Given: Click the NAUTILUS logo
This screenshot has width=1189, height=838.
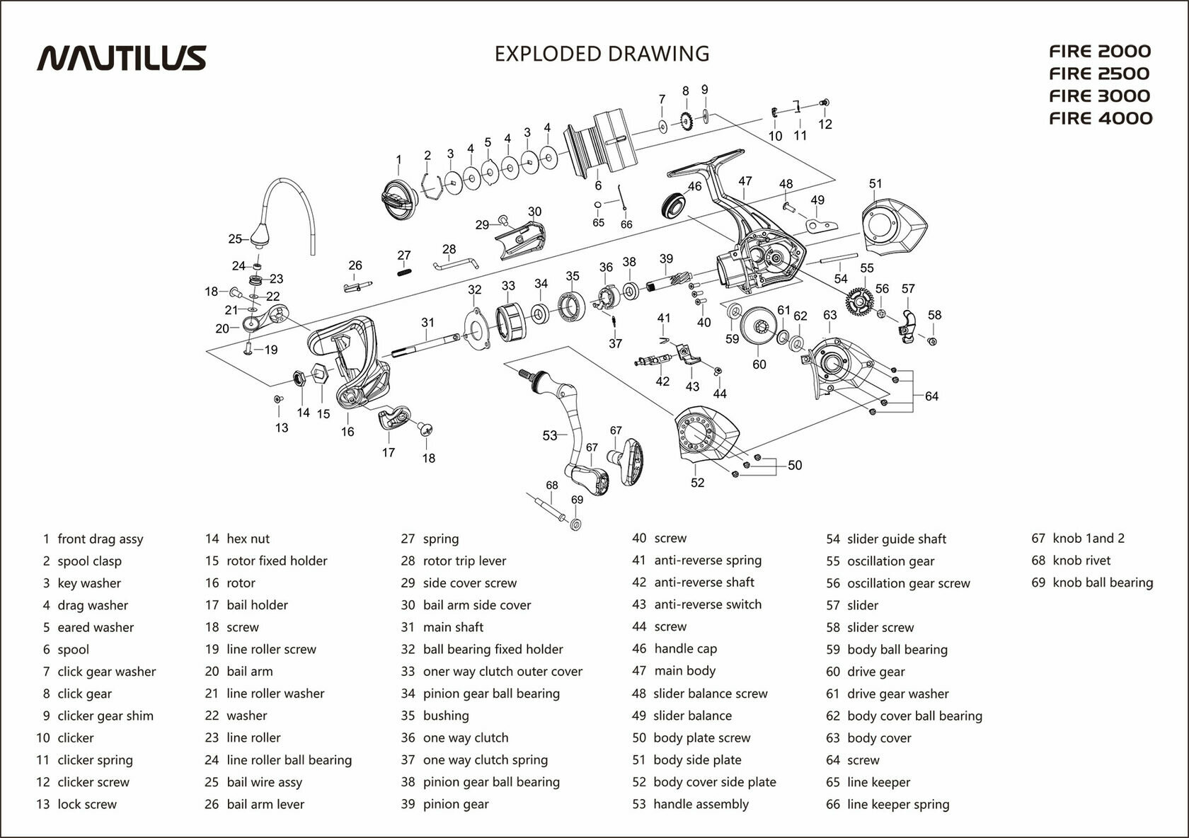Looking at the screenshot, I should click(x=121, y=57).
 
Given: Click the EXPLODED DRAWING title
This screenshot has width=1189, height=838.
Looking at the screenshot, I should click(x=602, y=54).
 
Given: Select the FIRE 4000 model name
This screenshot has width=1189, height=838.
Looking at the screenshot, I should click(x=1101, y=118).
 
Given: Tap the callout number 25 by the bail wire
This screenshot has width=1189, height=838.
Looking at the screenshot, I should click(x=235, y=239).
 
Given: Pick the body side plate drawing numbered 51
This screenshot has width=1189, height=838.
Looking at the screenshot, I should click(x=893, y=226).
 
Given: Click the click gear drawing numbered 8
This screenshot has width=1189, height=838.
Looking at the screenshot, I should click(x=685, y=122).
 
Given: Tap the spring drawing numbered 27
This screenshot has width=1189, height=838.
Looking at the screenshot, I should click(x=404, y=270).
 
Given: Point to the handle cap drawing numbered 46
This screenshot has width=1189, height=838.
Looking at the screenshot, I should click(x=673, y=205).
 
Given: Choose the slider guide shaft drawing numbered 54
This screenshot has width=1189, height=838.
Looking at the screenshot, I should click(x=838, y=259).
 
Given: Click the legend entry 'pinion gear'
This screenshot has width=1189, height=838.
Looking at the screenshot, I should click(x=456, y=804).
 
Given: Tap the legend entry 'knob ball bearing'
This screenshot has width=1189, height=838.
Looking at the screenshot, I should click(x=1103, y=582).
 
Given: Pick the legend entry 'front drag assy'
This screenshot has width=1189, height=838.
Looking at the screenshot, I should click(x=100, y=539).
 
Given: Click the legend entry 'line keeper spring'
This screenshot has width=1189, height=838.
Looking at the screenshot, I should click(x=897, y=804).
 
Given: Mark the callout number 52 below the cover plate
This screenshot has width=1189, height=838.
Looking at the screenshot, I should click(x=698, y=483).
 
